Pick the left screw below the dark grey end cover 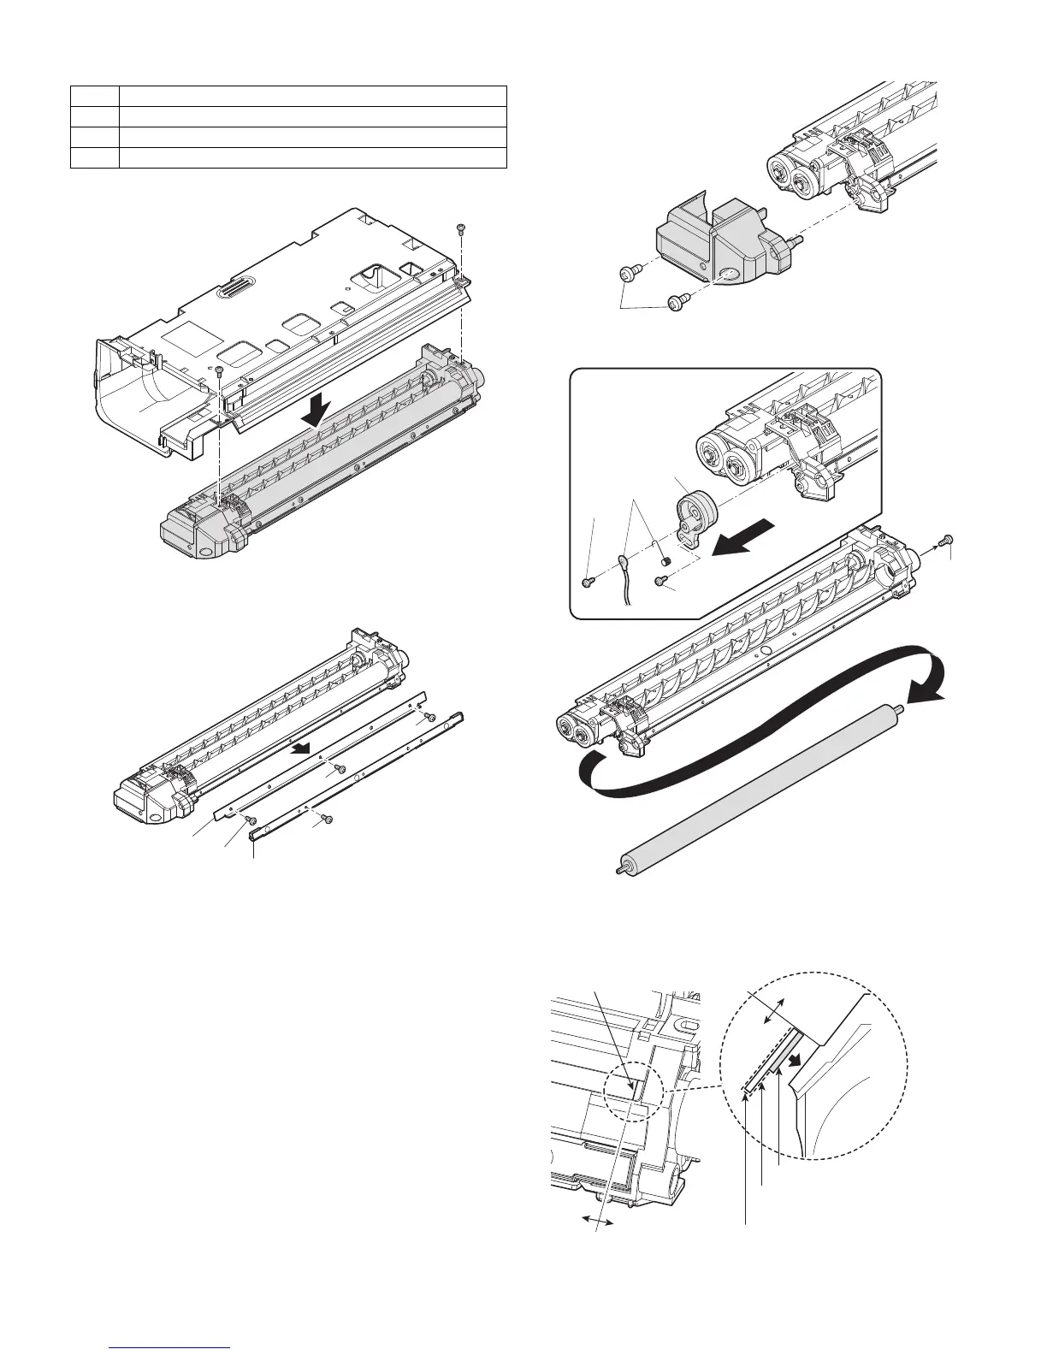tap(625, 273)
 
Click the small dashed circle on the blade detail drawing tap(635, 1098)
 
